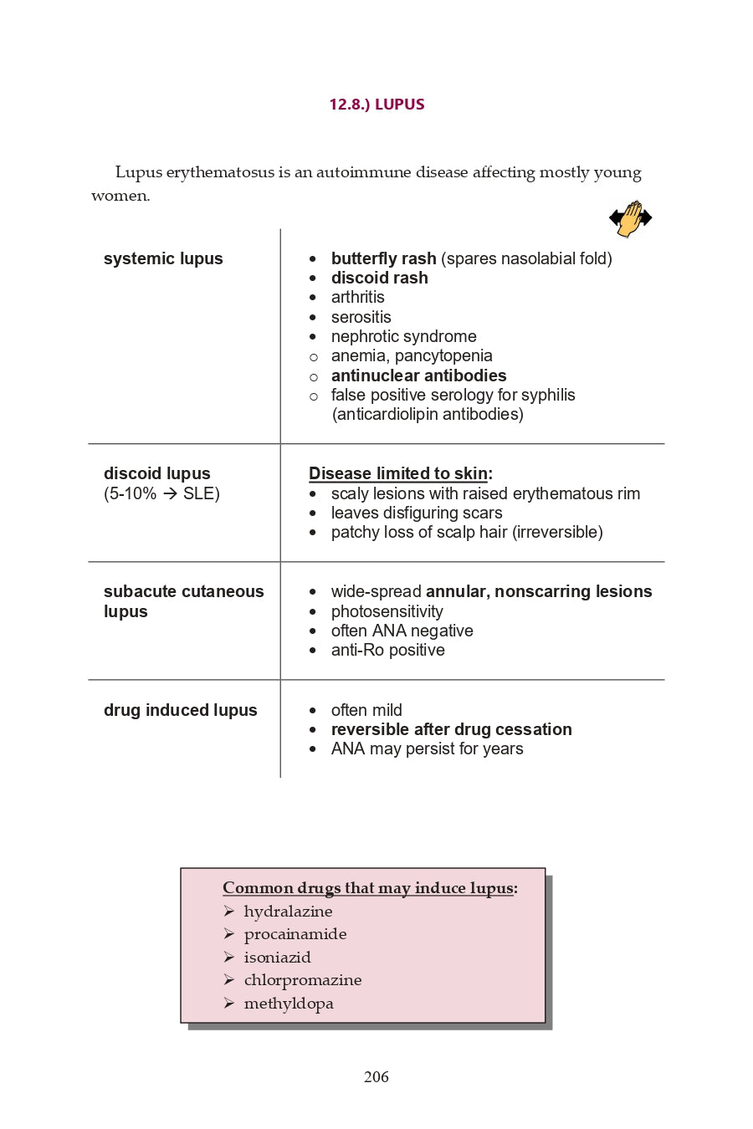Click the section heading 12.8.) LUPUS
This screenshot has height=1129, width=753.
(376, 105)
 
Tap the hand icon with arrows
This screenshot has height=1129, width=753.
(630, 218)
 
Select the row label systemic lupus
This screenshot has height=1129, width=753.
(163, 258)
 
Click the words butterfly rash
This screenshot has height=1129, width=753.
(383, 258)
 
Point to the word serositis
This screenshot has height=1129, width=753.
(361, 317)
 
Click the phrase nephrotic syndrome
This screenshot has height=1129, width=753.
(403, 336)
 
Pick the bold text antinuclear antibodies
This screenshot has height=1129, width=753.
(418, 375)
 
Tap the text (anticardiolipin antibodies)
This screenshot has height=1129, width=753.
(428, 414)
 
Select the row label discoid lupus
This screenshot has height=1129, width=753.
(156, 473)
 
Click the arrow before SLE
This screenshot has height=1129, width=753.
(170, 493)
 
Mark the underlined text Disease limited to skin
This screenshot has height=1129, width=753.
(398, 473)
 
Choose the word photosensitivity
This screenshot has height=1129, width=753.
(387, 611)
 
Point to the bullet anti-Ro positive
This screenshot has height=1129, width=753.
(387, 650)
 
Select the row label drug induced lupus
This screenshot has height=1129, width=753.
(180, 710)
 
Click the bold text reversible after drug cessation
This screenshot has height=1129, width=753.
(451, 729)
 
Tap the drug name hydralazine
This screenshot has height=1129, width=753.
(288, 912)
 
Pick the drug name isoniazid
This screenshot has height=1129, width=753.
(277, 958)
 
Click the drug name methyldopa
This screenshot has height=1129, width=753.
(289, 1004)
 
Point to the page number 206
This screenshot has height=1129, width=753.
(376, 1077)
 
